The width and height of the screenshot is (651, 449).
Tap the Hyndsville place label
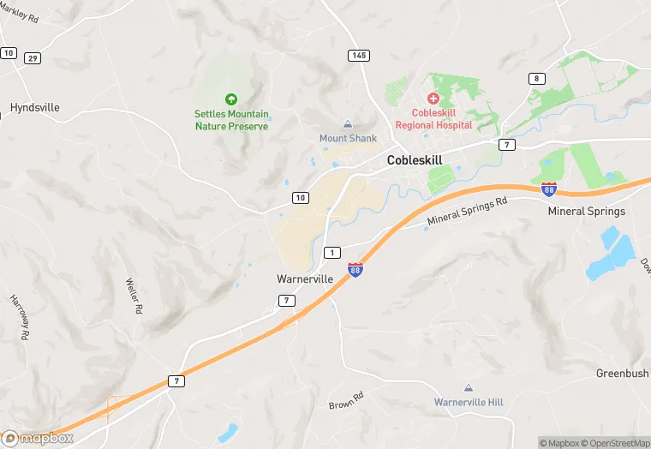point(35,108)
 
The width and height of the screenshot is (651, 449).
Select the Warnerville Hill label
point(468,402)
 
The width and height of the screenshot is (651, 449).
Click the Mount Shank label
point(347,138)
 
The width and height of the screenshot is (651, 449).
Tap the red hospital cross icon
point(433,99)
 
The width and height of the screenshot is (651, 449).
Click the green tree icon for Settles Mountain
point(230,99)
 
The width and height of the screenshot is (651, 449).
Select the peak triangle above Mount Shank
point(347,124)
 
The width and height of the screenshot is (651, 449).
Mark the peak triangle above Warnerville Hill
point(468,388)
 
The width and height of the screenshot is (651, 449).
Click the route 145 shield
point(359,55)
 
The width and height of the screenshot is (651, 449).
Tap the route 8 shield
point(537,79)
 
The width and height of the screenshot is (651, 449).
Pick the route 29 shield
point(33,57)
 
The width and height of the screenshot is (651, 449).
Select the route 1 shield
point(332,252)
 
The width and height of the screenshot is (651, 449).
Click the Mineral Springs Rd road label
point(467,213)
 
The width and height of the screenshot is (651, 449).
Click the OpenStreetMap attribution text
point(615,443)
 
